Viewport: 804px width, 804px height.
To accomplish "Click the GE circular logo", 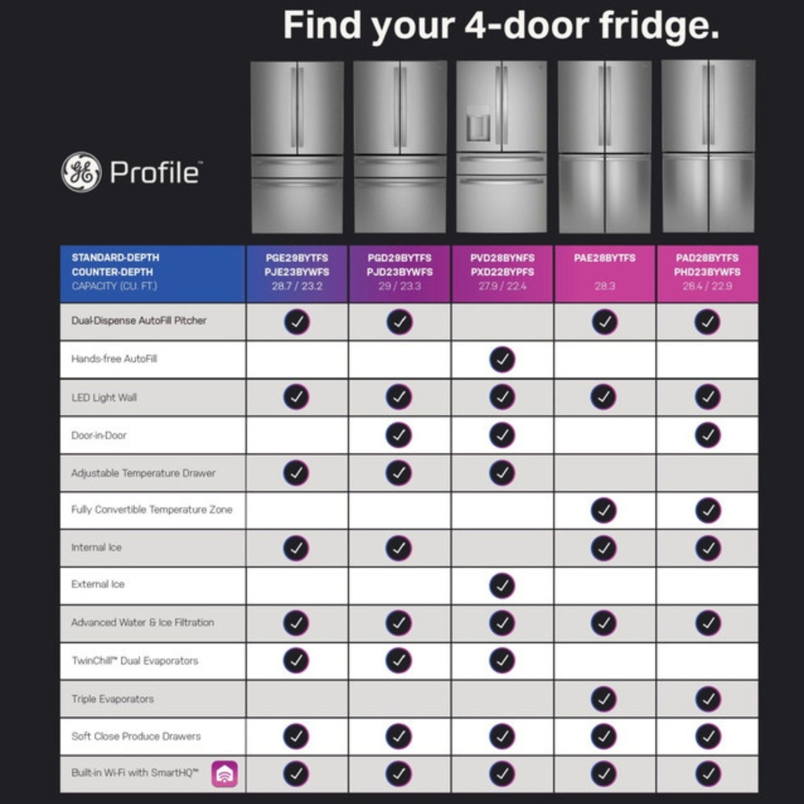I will click(x=81, y=172).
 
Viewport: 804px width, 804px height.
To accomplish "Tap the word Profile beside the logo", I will click(x=155, y=172).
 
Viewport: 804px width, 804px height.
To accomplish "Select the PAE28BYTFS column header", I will click(x=605, y=258).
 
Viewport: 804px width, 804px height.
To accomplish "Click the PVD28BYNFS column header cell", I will click(x=502, y=272).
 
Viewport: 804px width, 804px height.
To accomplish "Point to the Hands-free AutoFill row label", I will click(x=115, y=359).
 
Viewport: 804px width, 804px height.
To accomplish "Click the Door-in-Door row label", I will click(x=99, y=435).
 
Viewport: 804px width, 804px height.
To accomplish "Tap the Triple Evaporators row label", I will click(x=112, y=699).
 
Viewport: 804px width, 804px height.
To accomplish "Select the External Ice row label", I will click(x=98, y=584).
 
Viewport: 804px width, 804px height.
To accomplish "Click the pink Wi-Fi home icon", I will click(x=225, y=774).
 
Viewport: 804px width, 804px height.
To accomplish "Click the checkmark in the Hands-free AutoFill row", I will click(x=502, y=360).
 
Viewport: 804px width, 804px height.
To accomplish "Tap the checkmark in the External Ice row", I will click(x=502, y=586).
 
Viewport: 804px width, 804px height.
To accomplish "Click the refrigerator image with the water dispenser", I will click(x=501, y=147).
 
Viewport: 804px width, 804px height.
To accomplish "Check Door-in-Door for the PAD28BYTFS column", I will click(x=707, y=435).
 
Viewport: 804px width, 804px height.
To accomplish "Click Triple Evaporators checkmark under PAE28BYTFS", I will click(x=604, y=699).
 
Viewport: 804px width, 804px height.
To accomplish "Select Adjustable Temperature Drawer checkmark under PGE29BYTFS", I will click(x=296, y=473).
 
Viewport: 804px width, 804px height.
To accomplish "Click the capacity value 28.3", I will click(x=605, y=287).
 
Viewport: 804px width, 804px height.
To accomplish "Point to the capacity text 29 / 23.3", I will click(x=400, y=287).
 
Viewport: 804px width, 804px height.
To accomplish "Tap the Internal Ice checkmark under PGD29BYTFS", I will click(x=399, y=547).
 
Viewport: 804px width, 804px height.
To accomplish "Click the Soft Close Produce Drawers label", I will click(x=136, y=736).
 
